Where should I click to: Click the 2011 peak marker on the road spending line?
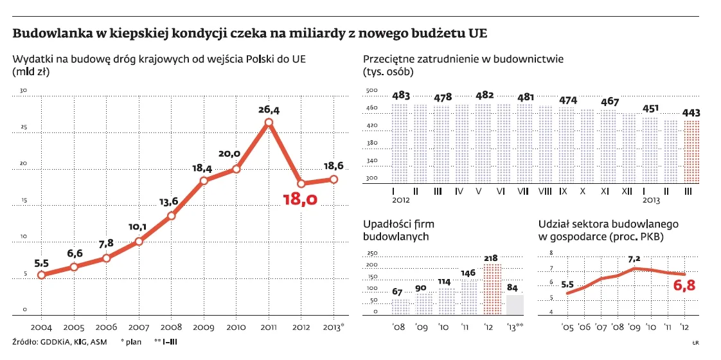coord(269,122)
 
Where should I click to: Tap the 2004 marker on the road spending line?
coord(41,274)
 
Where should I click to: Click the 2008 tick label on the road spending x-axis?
coord(171,327)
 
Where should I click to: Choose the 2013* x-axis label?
coord(334,327)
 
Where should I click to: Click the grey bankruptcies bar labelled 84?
coord(515,304)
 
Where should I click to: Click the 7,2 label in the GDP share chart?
coord(634,259)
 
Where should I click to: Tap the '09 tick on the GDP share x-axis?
coord(634,326)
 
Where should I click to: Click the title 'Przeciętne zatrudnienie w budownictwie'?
coord(463,59)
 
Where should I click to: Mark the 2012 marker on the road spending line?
coord(301,183)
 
